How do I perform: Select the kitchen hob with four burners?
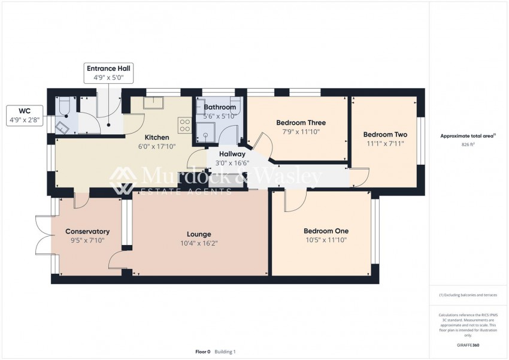coord(185,126)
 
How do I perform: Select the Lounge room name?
coord(199,234)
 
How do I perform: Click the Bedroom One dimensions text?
coord(326,240)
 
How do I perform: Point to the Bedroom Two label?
coord(385,135)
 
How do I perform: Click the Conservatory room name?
coord(87,231)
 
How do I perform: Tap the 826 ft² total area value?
coord(468,145)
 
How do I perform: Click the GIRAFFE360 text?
coord(468,346)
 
